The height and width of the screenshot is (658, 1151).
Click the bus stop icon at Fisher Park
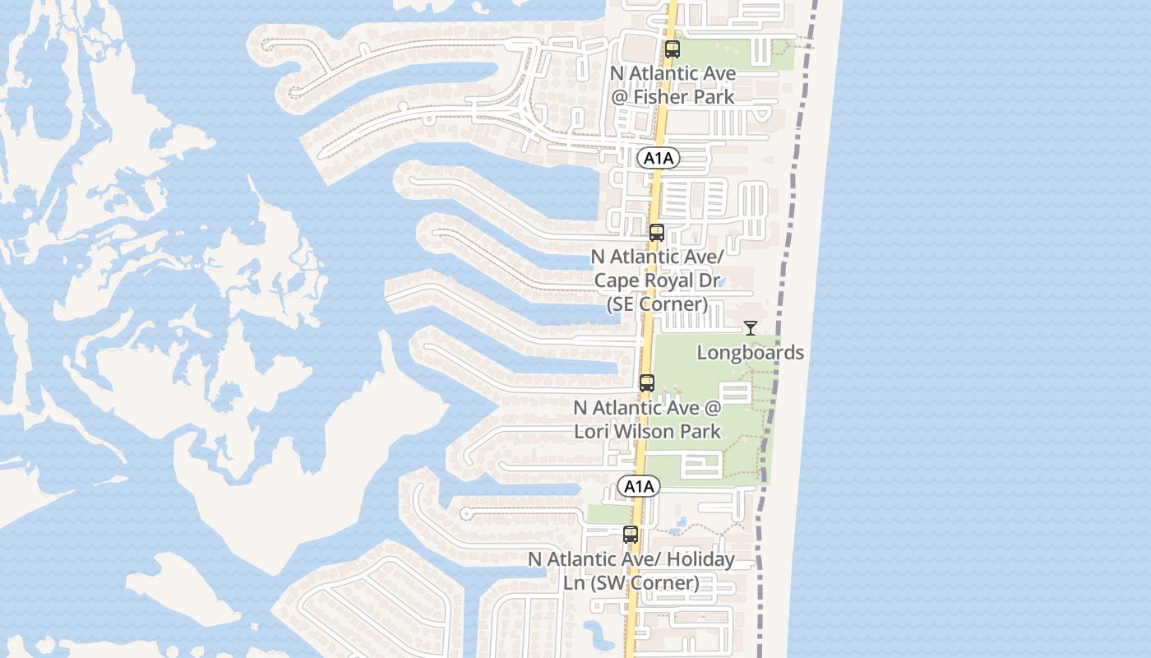coord(673,49)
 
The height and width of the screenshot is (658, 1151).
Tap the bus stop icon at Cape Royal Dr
coord(656,233)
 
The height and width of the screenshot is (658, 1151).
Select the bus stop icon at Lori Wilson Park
coord(647,383)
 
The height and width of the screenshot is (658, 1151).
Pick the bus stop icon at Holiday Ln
coord(631,535)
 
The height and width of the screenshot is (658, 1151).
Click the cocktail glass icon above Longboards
coord(751,329)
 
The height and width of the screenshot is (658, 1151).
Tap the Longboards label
coord(751,353)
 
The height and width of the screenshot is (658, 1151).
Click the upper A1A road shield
coord(658,158)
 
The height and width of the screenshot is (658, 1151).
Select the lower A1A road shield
coord(639,486)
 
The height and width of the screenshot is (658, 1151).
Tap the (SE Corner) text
coord(657,304)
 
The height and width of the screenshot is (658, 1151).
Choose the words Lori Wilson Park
coord(647,431)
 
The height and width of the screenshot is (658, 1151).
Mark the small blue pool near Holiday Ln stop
coord(680,522)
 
